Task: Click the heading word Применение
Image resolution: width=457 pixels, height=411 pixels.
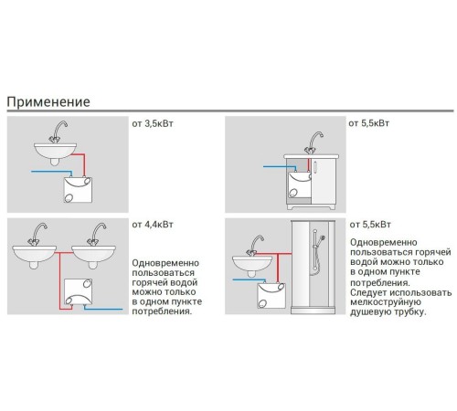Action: point(48,101)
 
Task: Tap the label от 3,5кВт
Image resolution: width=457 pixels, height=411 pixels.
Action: point(153,124)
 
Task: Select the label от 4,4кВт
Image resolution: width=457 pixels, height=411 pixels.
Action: point(153,225)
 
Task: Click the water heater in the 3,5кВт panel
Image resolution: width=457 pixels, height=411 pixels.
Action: point(78,190)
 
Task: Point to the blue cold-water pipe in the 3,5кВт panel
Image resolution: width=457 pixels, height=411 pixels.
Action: point(52,173)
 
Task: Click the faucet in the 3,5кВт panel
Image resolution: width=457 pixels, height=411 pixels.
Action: point(58,132)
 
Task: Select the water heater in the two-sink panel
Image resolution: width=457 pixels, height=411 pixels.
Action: point(79,291)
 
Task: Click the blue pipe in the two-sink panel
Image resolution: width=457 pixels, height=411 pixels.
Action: point(102,308)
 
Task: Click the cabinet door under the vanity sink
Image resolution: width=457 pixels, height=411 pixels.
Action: point(324,182)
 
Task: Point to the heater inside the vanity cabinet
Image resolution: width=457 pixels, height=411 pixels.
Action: point(300,184)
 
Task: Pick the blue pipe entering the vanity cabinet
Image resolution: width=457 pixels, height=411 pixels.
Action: point(280,167)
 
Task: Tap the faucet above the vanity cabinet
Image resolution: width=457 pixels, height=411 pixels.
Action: point(314,142)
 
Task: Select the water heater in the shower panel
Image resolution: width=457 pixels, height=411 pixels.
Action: point(271,296)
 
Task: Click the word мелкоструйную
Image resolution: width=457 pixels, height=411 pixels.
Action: point(386,302)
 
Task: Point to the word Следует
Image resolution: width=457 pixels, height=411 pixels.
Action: point(367,293)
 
